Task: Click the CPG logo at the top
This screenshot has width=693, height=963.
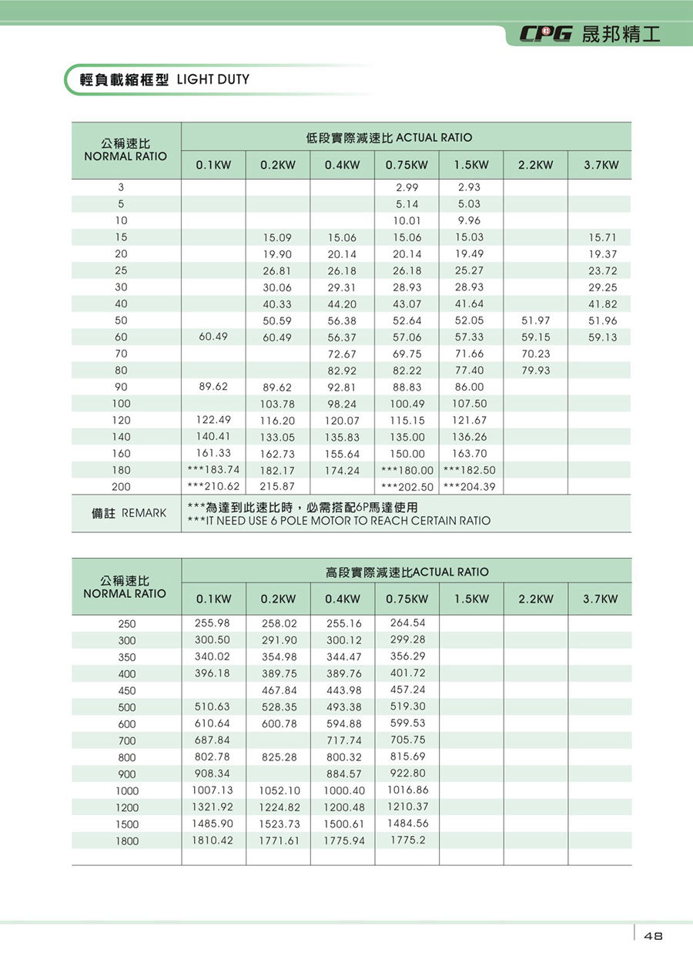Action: point(546,34)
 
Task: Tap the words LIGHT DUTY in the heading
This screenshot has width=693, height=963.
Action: point(213,79)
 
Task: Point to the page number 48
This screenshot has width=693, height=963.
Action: point(653,935)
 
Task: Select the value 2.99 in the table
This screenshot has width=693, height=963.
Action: point(407,188)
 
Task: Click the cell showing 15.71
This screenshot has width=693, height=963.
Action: point(601,238)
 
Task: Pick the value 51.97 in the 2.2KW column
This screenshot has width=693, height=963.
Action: point(536,320)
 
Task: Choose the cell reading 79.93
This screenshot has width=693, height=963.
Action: point(536,371)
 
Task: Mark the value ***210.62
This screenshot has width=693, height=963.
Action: point(213,486)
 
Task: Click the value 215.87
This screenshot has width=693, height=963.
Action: point(278,487)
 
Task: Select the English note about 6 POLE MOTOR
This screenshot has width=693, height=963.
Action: point(339,521)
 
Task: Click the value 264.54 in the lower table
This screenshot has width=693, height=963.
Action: point(407,622)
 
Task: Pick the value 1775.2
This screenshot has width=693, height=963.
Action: point(407,841)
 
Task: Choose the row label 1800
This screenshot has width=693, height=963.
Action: point(127,841)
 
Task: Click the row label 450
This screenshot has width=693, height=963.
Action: point(127,690)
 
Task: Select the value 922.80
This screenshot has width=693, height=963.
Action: point(407,773)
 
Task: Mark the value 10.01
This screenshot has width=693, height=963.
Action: point(407,221)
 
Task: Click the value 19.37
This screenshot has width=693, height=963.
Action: point(601,254)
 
